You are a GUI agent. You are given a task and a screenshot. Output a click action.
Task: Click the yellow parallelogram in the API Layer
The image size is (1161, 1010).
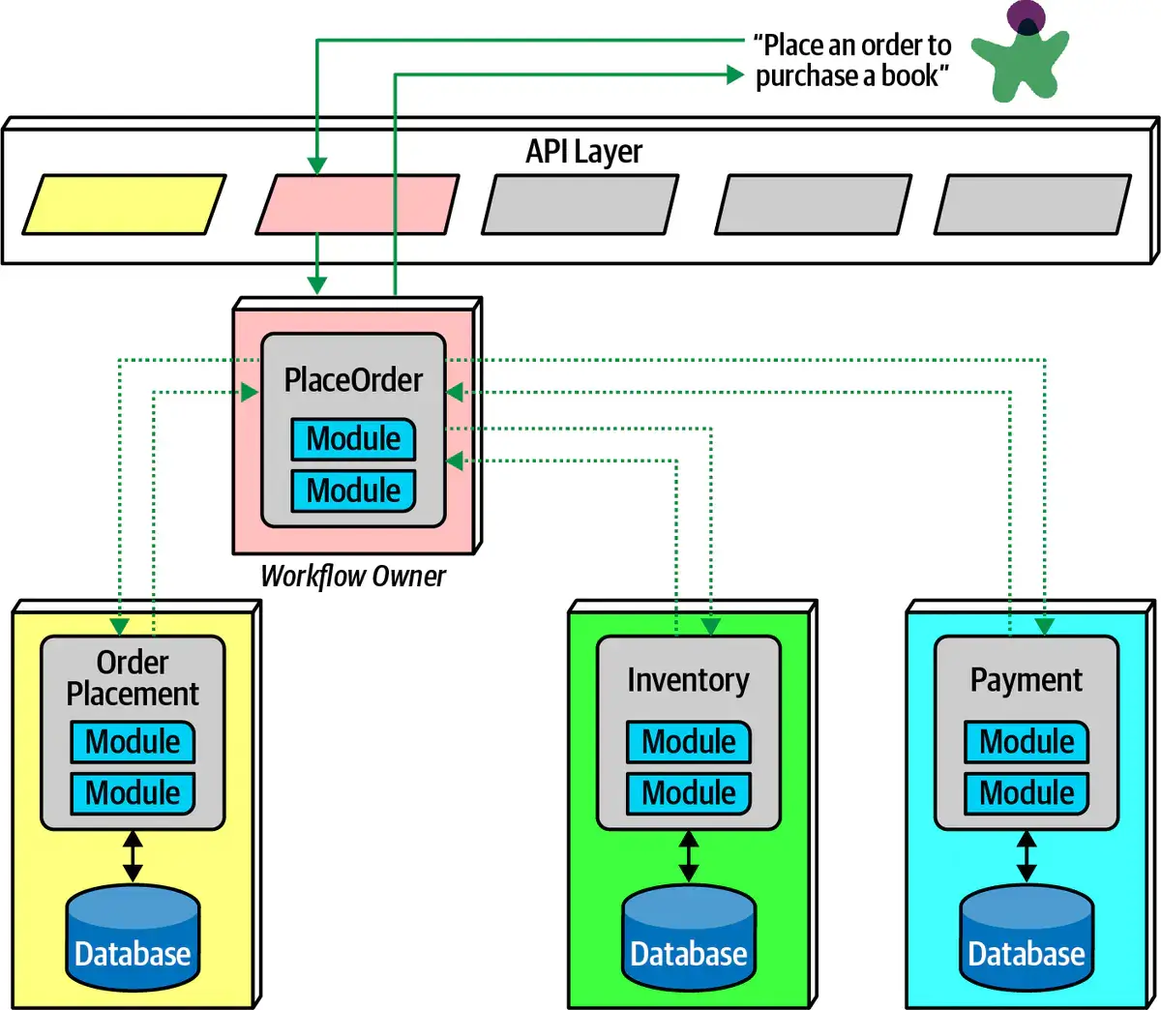click(124, 204)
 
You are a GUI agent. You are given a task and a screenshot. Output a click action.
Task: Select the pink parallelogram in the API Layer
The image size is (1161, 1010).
click(357, 204)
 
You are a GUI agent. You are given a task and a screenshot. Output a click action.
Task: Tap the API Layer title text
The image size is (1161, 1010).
click(583, 152)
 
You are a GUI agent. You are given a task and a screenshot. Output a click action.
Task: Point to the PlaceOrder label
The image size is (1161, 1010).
click(353, 379)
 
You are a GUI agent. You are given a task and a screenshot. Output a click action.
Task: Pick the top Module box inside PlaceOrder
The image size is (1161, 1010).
click(353, 439)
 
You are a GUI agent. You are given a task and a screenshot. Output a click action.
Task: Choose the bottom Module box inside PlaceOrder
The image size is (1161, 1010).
click(353, 490)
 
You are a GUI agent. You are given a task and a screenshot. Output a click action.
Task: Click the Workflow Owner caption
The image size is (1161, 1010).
click(353, 577)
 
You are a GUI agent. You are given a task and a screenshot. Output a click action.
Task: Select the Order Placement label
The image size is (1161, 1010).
click(133, 678)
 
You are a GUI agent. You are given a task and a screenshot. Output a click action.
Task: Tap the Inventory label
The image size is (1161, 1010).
click(688, 680)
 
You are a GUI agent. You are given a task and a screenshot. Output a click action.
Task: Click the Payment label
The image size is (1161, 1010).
click(1026, 680)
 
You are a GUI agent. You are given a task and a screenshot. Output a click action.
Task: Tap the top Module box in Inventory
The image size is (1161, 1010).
click(688, 742)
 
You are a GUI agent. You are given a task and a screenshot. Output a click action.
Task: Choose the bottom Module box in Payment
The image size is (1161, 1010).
click(1026, 793)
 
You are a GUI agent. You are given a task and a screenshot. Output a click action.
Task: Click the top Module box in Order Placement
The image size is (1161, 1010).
click(133, 742)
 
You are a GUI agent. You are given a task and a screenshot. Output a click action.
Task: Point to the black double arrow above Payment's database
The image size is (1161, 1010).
click(1026, 856)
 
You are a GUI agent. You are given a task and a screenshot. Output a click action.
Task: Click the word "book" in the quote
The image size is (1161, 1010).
click(908, 75)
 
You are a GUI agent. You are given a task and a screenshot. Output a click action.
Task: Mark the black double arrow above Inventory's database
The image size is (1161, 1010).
click(688, 856)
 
